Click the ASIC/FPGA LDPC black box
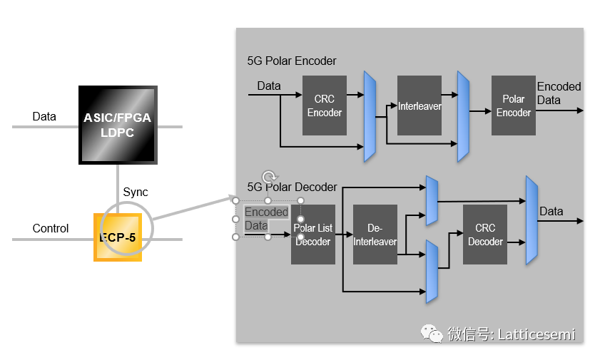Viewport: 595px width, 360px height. point(118,125)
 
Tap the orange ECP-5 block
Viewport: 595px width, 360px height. point(118,237)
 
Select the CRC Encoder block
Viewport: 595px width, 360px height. point(325,106)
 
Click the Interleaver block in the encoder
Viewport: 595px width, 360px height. point(419,106)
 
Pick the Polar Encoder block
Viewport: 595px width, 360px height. point(513,106)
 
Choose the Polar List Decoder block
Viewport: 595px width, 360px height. point(313,235)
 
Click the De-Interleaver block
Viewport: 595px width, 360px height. point(375,235)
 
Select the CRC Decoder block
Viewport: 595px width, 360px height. point(485,235)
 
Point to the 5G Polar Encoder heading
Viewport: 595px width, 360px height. point(292,61)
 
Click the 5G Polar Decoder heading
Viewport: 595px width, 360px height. point(293,187)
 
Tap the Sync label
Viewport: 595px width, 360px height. point(136,192)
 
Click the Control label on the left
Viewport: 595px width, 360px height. point(51,229)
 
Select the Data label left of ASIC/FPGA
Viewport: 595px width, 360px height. point(44,116)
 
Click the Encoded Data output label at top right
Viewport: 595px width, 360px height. point(559,93)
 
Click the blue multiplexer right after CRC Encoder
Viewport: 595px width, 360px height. point(370,116)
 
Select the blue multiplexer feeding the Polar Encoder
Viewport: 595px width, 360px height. point(463,116)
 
